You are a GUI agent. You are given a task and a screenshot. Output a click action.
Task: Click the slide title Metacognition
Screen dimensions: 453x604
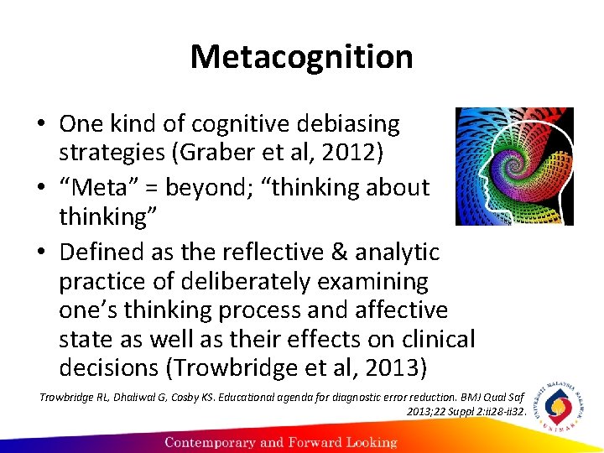coord(301,57)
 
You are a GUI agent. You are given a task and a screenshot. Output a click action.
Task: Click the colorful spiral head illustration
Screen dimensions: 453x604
coord(514,166)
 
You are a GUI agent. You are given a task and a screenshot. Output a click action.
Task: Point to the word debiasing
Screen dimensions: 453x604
coord(347,124)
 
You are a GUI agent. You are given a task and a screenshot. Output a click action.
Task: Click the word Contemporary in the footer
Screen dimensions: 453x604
coord(216,441)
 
